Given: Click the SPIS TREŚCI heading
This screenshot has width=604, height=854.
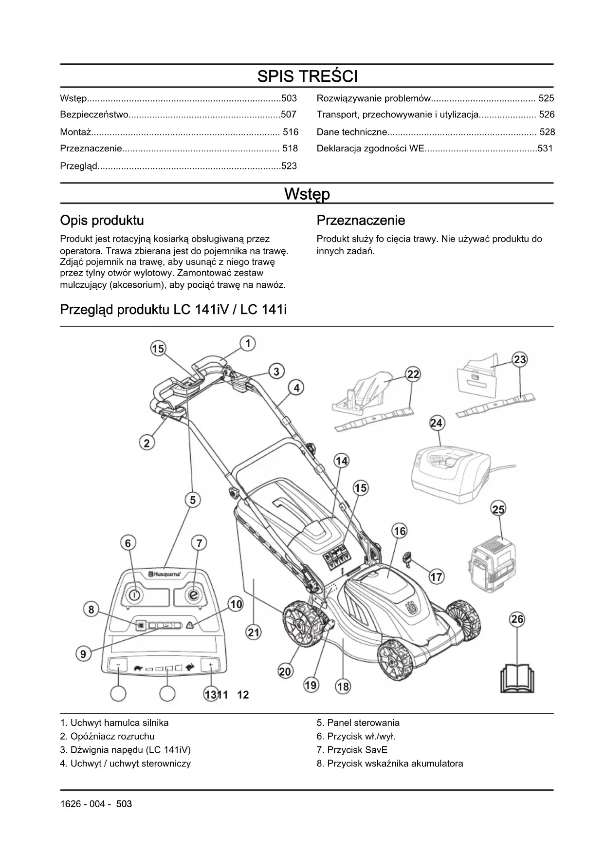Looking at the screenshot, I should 307,76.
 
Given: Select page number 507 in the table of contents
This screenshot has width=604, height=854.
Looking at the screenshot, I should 289,115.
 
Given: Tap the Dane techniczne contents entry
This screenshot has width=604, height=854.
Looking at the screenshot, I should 352,132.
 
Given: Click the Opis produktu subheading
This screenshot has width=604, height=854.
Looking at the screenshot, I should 102,221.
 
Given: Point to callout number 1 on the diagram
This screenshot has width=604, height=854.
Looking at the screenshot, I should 248,344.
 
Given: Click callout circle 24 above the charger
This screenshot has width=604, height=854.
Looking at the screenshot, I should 437,423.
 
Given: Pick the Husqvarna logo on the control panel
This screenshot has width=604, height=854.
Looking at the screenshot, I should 165,575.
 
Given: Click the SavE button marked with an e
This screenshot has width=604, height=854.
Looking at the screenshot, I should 194,594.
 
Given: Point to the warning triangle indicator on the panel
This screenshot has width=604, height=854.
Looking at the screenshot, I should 189,626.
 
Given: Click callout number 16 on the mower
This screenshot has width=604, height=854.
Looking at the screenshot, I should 400,531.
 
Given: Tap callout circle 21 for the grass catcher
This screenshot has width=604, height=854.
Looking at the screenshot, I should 254,632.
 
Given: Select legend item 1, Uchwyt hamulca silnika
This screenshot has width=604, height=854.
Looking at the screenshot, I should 114,723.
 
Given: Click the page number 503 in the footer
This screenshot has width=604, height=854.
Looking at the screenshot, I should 124,804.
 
